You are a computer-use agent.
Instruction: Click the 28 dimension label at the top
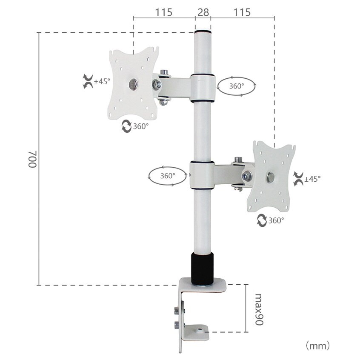[203, 12]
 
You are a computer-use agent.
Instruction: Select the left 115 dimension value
[163, 12]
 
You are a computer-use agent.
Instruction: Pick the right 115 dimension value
[242, 12]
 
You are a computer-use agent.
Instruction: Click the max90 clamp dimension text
[258, 309]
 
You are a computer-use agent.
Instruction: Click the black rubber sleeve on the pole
[202, 269]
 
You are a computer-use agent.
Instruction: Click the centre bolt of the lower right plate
[271, 177]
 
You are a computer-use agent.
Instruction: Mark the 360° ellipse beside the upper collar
[237, 86]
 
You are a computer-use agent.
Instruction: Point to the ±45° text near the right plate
[312, 179]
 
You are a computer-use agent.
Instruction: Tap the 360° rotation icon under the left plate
[127, 126]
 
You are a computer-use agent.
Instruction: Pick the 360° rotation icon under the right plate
[262, 220]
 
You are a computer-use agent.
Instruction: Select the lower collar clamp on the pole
[202, 175]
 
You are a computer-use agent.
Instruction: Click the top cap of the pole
[203, 32]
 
